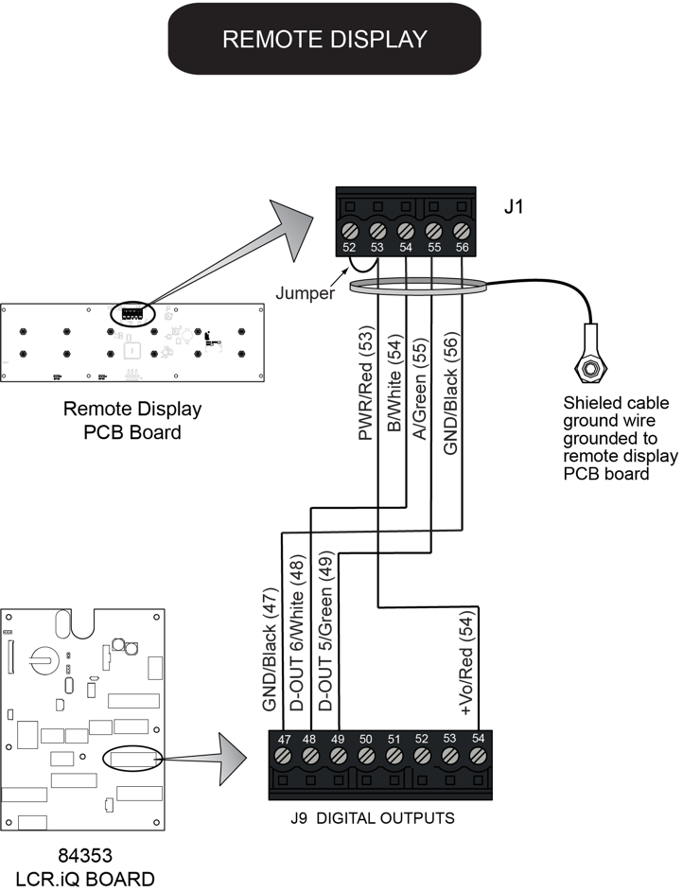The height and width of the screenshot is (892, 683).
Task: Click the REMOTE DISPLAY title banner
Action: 324,39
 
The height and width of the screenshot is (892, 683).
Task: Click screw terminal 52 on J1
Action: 349,230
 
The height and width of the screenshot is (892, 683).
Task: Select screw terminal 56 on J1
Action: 463,230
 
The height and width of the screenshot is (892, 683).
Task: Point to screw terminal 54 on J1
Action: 406,230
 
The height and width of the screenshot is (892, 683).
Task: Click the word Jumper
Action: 305,293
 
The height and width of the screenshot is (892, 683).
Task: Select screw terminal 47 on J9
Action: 282,754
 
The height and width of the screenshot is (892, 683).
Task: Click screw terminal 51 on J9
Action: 394,754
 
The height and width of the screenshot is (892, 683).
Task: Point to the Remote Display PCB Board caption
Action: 132,422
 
